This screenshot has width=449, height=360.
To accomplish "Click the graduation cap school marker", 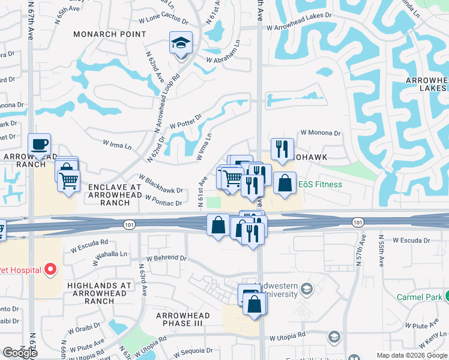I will pos(181,43).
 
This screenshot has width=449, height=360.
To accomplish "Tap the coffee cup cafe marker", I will pos(40,145).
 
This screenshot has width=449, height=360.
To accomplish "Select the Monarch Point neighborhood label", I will pos(110,34).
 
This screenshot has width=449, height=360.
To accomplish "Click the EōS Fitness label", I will pos(320,184).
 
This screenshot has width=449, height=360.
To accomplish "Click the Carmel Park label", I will pos(419,297).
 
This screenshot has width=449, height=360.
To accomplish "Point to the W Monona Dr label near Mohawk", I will pos(320,133).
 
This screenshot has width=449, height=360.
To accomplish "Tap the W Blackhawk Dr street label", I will pos(160,184).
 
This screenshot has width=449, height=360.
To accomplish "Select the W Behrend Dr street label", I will pos(162,258).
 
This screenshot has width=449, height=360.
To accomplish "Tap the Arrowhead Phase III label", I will pos(182,319).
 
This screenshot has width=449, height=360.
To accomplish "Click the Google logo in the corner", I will pos(20,353).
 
